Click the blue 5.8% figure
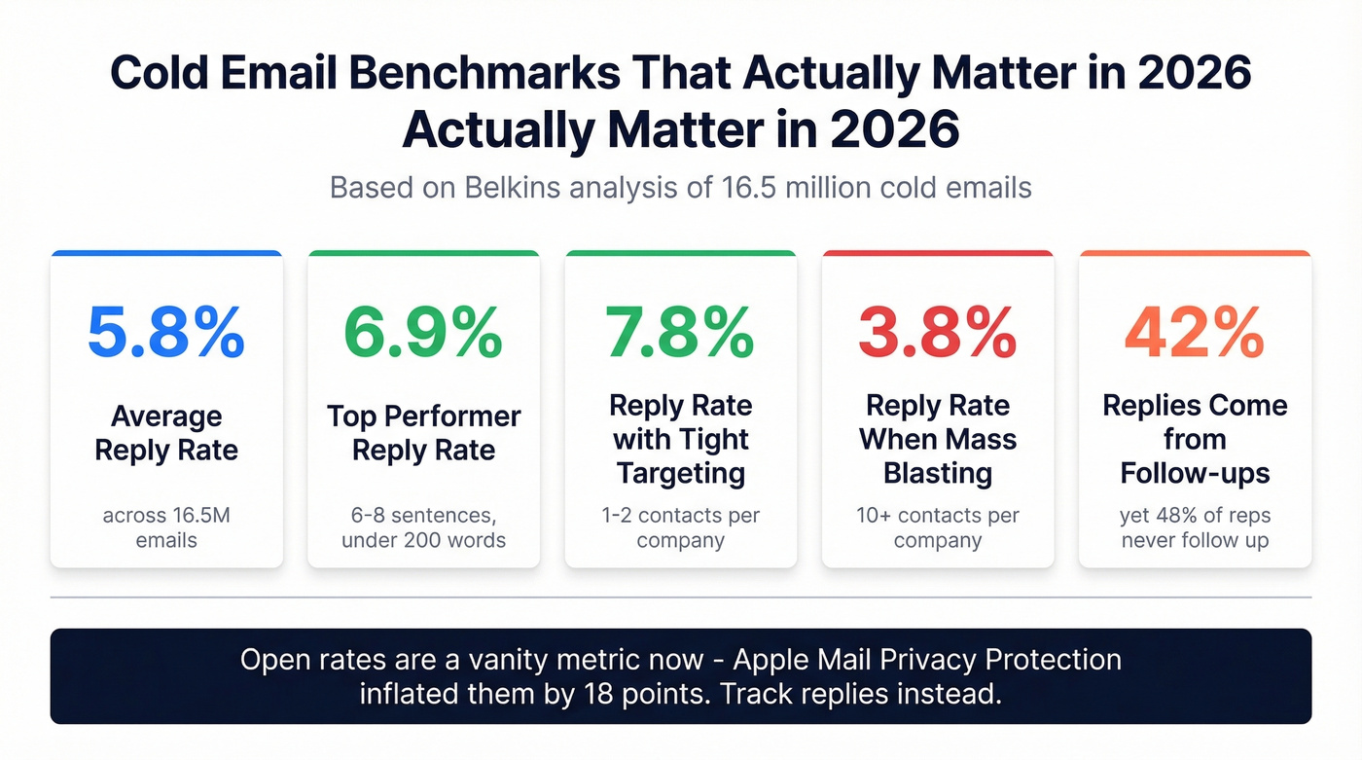[166, 333]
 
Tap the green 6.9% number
[423, 333]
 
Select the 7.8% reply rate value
[680, 333]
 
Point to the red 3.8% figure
[937, 333]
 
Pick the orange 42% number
[1195, 333]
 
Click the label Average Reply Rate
[166, 433]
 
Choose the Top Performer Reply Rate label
[423, 433]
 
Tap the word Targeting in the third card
[680, 474]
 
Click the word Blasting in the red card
[937, 474]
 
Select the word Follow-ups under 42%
[1195, 474]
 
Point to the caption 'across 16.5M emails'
[166, 527]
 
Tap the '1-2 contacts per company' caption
[680, 527]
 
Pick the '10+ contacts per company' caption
[937, 527]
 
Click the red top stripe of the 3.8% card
[937, 254]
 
